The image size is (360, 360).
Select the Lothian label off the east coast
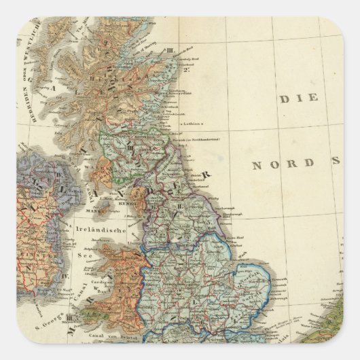tap(192, 124)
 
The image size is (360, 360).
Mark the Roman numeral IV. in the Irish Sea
tap(66, 276)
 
